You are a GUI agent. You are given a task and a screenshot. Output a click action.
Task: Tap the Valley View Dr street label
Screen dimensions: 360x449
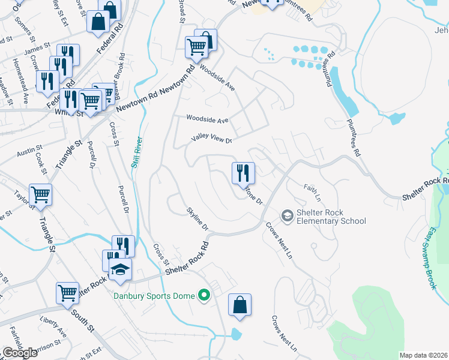click(x=211, y=139)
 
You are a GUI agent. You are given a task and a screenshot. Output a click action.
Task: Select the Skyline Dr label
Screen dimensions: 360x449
click(x=196, y=219)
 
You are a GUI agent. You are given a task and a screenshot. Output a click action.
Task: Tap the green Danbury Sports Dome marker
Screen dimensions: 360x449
click(x=204, y=295)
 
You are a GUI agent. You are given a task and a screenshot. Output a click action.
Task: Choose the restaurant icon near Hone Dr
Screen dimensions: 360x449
click(x=243, y=173)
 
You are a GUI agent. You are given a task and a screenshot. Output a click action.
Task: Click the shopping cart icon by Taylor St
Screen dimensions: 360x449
click(x=40, y=194)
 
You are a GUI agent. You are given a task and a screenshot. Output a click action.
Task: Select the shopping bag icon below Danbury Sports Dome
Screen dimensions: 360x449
click(x=240, y=304)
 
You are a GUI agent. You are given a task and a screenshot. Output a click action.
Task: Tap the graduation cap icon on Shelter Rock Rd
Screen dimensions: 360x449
click(x=121, y=268)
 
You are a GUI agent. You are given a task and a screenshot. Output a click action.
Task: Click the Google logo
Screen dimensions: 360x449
click(x=19, y=353)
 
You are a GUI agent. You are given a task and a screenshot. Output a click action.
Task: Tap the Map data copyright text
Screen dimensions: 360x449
click(x=423, y=355)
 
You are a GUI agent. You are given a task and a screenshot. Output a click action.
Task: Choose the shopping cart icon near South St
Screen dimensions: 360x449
click(x=68, y=293)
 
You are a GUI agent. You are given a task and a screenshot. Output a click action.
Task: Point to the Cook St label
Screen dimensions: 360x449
click(x=41, y=163)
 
